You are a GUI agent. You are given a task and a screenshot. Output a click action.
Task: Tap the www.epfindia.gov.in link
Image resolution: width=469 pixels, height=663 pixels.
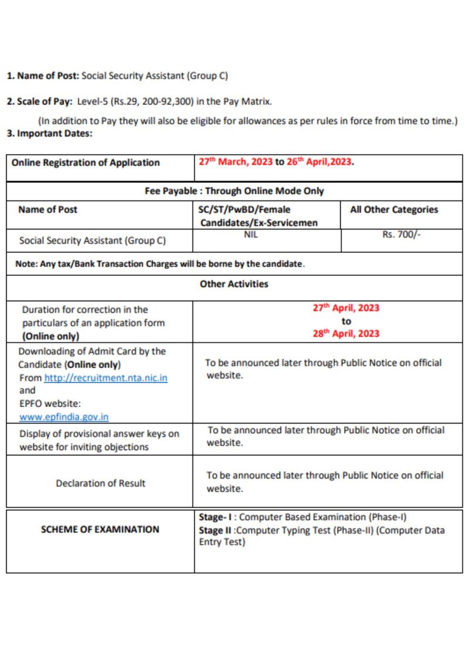[x=64, y=417]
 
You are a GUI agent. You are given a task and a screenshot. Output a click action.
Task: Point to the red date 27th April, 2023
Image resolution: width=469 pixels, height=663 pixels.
[x=346, y=308]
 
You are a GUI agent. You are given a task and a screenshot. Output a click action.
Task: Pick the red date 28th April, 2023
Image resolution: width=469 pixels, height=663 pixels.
[x=346, y=334]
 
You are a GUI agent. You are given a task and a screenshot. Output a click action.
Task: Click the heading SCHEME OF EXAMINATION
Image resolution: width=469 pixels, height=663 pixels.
[x=100, y=529]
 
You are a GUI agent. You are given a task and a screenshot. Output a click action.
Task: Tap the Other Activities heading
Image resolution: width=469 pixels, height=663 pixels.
[x=234, y=284]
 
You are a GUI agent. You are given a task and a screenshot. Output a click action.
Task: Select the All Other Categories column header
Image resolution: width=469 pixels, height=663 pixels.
[x=394, y=210]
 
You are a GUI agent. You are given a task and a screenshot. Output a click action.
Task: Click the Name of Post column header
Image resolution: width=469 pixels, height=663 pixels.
[x=47, y=210]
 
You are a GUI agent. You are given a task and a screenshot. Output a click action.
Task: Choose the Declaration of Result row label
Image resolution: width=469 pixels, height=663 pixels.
[x=100, y=483]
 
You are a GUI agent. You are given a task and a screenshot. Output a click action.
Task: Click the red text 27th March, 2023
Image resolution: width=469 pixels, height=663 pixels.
[x=235, y=162]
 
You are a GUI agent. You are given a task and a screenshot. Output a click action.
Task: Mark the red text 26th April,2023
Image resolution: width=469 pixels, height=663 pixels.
[x=320, y=162]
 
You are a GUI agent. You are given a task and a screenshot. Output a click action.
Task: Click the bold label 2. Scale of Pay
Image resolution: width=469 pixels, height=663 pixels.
[x=39, y=101]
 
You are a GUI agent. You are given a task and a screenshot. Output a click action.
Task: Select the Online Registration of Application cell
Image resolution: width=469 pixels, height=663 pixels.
[x=86, y=163]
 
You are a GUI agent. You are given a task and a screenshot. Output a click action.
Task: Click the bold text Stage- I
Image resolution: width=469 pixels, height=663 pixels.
[x=216, y=517]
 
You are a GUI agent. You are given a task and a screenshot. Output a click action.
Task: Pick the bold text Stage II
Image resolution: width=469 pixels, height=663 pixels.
[x=215, y=530]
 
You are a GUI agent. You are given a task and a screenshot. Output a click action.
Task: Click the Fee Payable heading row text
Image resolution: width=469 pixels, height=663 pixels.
[x=234, y=191]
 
